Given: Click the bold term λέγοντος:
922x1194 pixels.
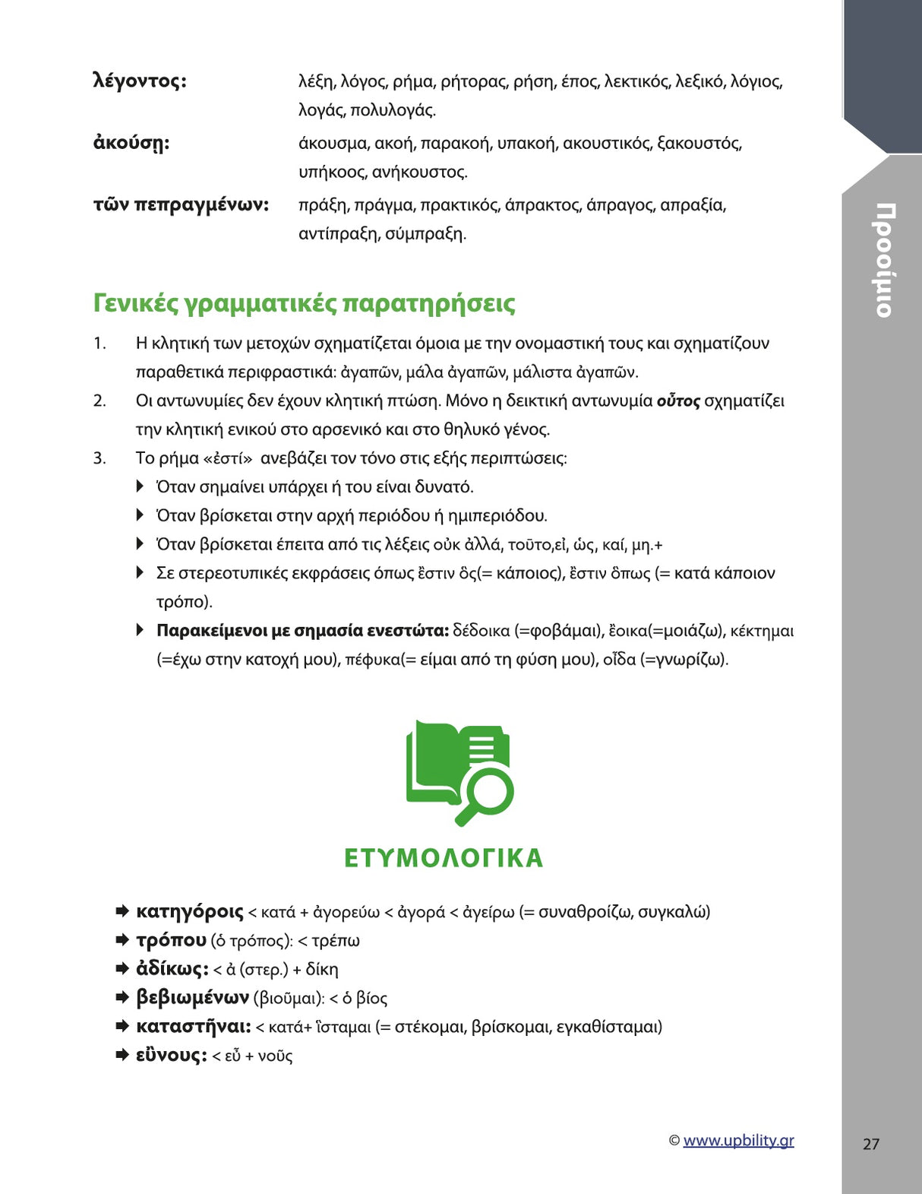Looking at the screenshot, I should pyautogui.click(x=140, y=81).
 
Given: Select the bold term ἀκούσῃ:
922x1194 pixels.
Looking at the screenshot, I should pyautogui.click(x=131, y=144).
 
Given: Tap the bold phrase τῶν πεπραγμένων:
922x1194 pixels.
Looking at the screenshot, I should pyautogui.click(x=181, y=205).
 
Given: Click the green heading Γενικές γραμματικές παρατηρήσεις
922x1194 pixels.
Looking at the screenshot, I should pyautogui.click(x=304, y=303).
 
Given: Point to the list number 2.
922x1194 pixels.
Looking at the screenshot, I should pyautogui.click(x=99, y=401).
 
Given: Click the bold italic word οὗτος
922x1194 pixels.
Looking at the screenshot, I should pyautogui.click(x=677, y=401).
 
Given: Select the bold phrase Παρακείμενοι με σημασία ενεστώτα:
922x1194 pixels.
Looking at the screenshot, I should pyautogui.click(x=302, y=631).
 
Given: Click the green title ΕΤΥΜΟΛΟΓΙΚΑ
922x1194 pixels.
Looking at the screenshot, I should pyautogui.click(x=444, y=858).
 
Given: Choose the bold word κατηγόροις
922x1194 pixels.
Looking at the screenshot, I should pyautogui.click(x=189, y=912).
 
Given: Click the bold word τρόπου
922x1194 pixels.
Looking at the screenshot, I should pyautogui.click(x=171, y=941).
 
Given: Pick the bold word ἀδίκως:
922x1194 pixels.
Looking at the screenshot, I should pyautogui.click(x=172, y=970).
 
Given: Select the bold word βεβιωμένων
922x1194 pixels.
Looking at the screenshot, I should pyautogui.click(x=192, y=998).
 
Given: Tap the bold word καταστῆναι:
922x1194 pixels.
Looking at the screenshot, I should pyautogui.click(x=193, y=1027).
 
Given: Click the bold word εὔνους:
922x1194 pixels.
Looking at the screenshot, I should pyautogui.click(x=171, y=1056).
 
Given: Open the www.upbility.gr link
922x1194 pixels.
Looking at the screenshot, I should pyautogui.click(x=738, y=1141).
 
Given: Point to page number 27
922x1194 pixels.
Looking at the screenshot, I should pyautogui.click(x=871, y=1144).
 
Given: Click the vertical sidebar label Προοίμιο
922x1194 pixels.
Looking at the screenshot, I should pyautogui.click(x=883, y=260).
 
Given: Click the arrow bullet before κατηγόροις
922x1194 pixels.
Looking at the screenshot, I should pyautogui.click(x=122, y=911).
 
